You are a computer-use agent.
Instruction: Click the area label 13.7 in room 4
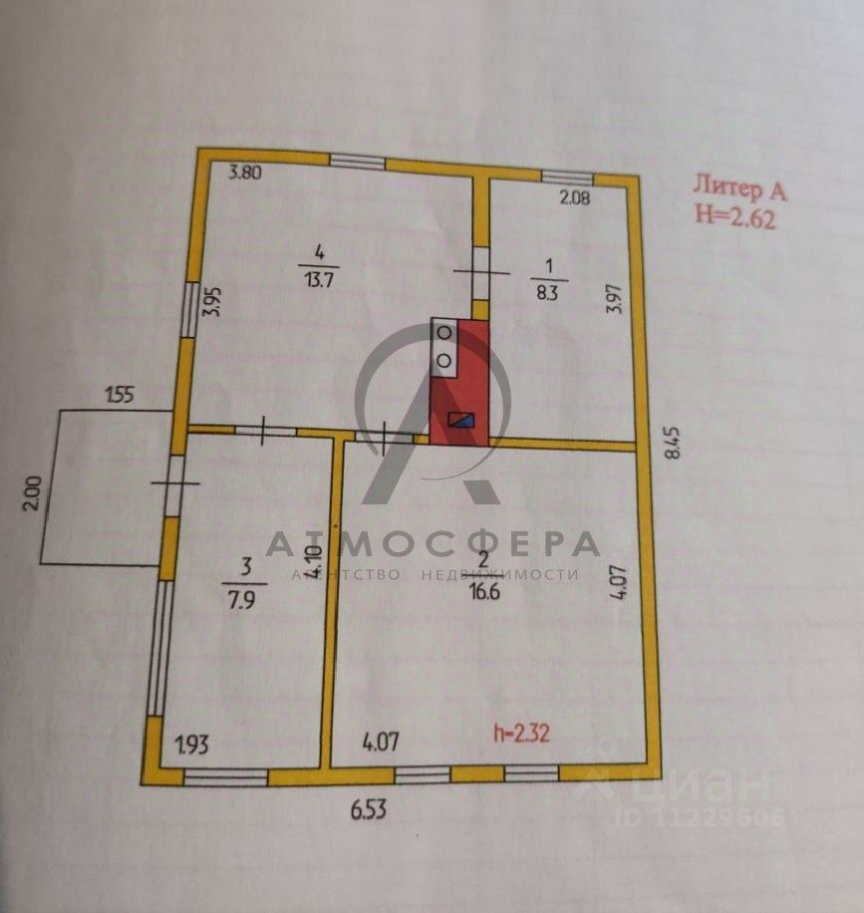(x=318, y=280)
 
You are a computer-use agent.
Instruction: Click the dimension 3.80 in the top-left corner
(x=245, y=172)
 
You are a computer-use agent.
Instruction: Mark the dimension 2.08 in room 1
(x=575, y=197)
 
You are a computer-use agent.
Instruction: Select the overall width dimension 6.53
(x=368, y=809)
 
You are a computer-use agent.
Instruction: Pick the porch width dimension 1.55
(x=120, y=395)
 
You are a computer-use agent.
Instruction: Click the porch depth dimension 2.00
(x=30, y=495)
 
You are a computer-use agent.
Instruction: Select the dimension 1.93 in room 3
(x=193, y=744)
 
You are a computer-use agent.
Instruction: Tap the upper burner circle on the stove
(x=444, y=333)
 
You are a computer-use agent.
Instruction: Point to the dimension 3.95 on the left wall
(x=211, y=302)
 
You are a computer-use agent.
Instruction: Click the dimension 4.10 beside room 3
(x=313, y=564)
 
